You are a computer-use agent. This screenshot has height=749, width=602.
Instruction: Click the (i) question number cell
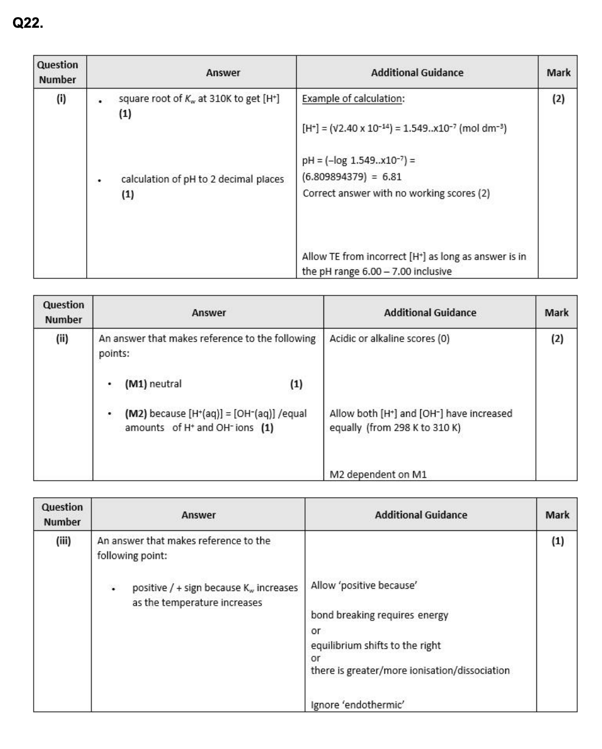pos(60,98)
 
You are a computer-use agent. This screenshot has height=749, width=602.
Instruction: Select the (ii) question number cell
pos(63,339)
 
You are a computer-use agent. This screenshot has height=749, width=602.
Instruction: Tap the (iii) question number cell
pos(62,541)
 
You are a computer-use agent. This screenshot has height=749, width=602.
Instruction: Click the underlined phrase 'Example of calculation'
pos(352,98)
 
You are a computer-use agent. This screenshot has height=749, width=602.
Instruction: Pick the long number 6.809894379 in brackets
pos(335,176)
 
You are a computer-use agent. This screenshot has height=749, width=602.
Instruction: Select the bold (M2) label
pos(136,413)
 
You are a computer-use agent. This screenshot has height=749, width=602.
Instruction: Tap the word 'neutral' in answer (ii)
pos(166,384)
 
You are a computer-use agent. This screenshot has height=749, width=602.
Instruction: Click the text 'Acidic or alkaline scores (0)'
pos(390,339)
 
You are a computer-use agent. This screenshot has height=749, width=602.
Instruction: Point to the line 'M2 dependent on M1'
pos(378,474)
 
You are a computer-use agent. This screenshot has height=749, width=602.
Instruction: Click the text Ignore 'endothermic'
pos(358,705)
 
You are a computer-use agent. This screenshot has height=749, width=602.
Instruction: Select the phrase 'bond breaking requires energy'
pos(379,615)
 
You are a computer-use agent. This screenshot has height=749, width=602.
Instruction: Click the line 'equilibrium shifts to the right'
pos(376,645)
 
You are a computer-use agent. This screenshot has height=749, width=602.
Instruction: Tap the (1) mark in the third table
pos(557,541)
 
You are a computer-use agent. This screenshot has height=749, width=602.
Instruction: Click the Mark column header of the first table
pos(558,73)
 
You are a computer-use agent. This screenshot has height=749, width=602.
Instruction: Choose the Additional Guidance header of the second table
pos(430,313)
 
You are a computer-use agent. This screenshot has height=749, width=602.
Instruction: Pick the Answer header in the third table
pos(198,515)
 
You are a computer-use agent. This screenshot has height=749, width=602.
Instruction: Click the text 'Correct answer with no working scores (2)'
pos(396,193)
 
